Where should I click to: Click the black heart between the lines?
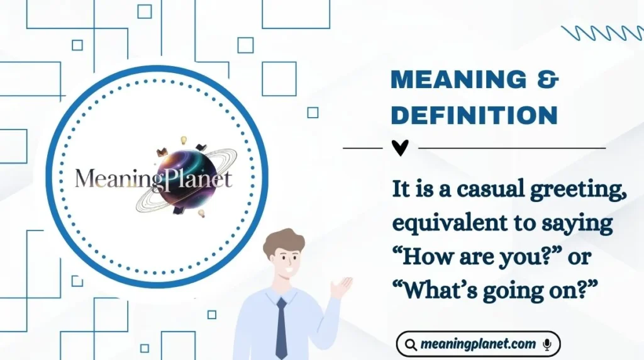tap(400, 148)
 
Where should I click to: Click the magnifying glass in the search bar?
tap(411, 344)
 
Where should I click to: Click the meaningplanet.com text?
tap(479, 344)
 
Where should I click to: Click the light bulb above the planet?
tap(184, 139)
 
